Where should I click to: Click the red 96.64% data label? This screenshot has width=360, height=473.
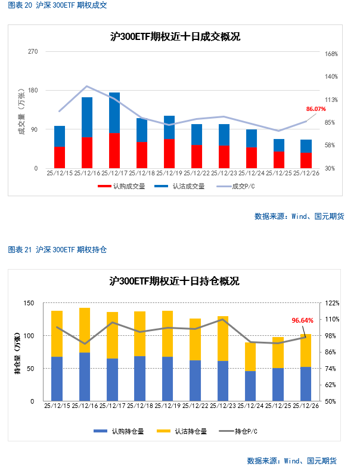302,320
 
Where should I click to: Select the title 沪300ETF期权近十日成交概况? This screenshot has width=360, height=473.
175,37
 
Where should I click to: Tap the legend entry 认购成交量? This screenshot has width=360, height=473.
121,186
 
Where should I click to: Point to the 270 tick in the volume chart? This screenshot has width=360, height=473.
33,52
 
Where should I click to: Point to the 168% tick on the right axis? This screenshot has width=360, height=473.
331,54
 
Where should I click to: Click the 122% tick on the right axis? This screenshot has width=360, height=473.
331,303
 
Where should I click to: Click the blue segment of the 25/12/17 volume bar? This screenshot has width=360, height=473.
114,113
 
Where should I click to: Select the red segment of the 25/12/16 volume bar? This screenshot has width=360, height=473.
87,153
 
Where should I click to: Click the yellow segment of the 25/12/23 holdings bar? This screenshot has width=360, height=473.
223,338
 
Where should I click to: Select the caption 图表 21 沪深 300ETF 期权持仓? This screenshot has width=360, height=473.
57,250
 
